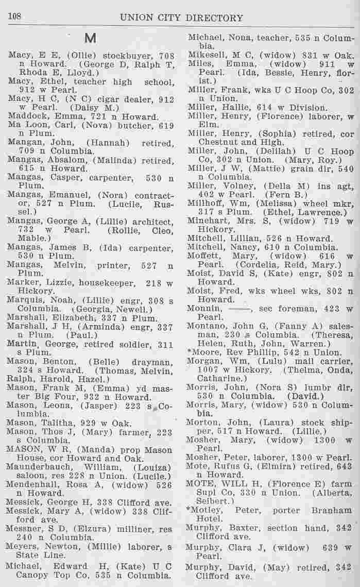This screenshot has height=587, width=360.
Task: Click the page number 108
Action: [13, 17]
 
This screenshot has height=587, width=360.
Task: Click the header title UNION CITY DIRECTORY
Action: [181, 18]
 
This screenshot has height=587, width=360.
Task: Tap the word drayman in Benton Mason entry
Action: [152, 361]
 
